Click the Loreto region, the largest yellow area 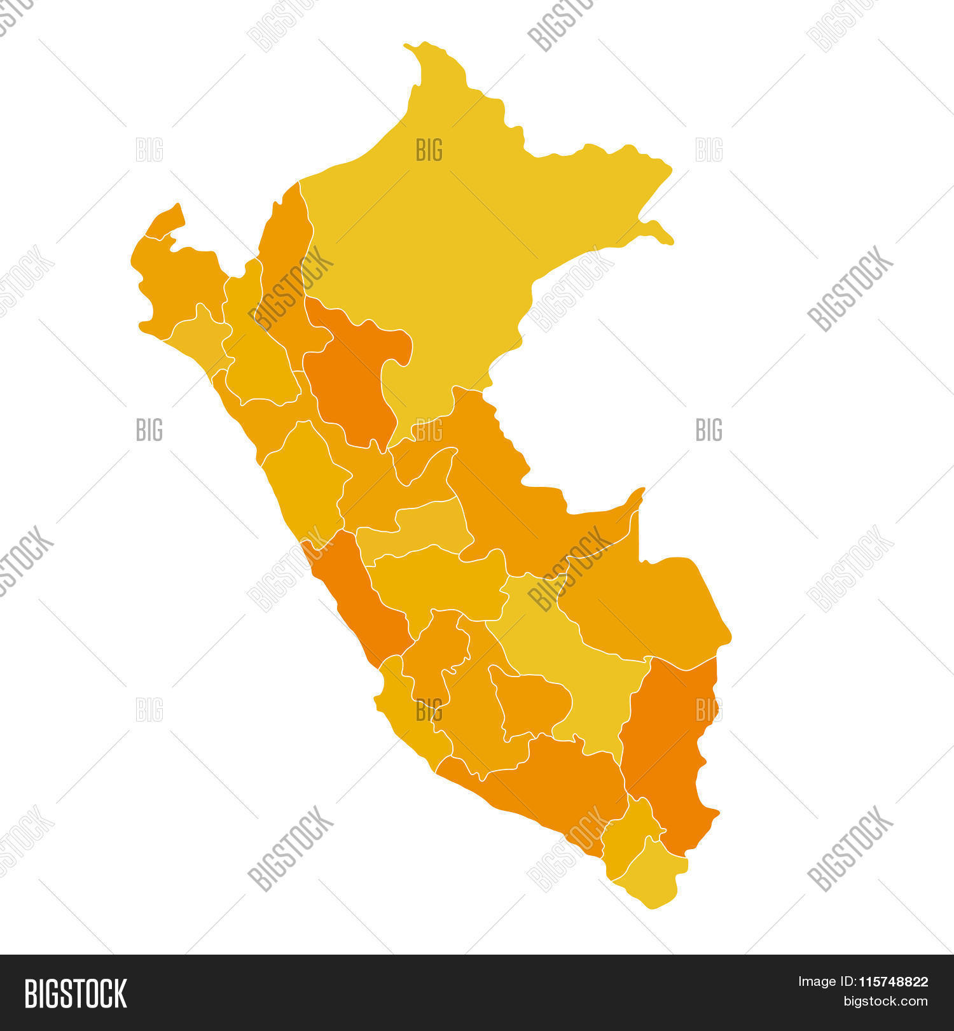click(458, 242)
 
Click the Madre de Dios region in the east click(649, 605)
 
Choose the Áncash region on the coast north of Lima click(305, 477)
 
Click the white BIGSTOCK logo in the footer click(76, 993)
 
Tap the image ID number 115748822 click(894, 982)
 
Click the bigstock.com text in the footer click(885, 1002)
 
